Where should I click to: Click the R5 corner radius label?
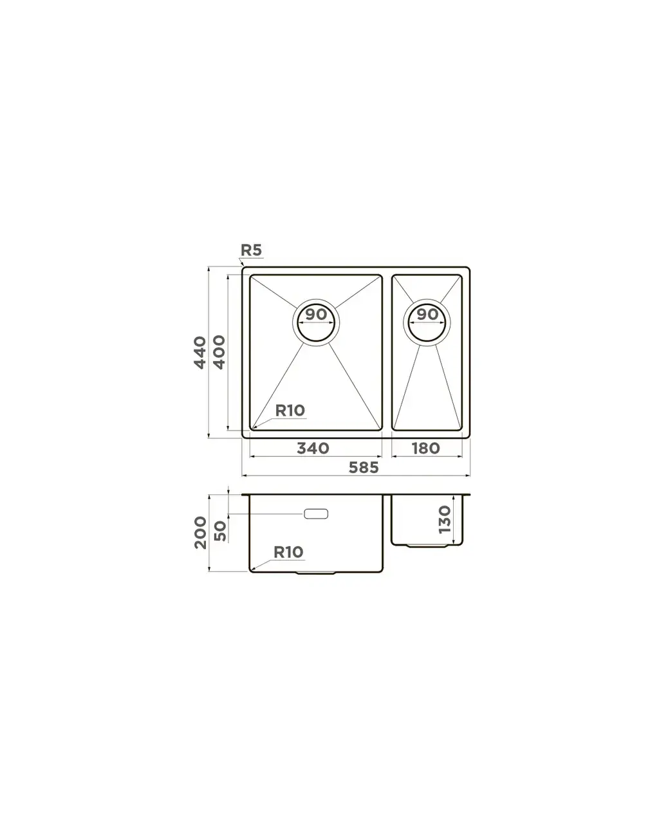(x=251, y=250)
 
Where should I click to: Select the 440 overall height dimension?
(x=200, y=353)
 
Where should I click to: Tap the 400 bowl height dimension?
(x=219, y=352)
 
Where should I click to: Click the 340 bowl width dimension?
(x=313, y=449)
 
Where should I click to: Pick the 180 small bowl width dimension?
(x=426, y=449)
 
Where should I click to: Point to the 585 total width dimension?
(x=364, y=467)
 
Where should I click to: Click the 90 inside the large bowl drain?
(x=316, y=315)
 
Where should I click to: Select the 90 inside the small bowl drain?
(x=427, y=315)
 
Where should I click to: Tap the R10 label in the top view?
(x=290, y=411)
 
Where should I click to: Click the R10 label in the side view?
(x=288, y=552)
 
